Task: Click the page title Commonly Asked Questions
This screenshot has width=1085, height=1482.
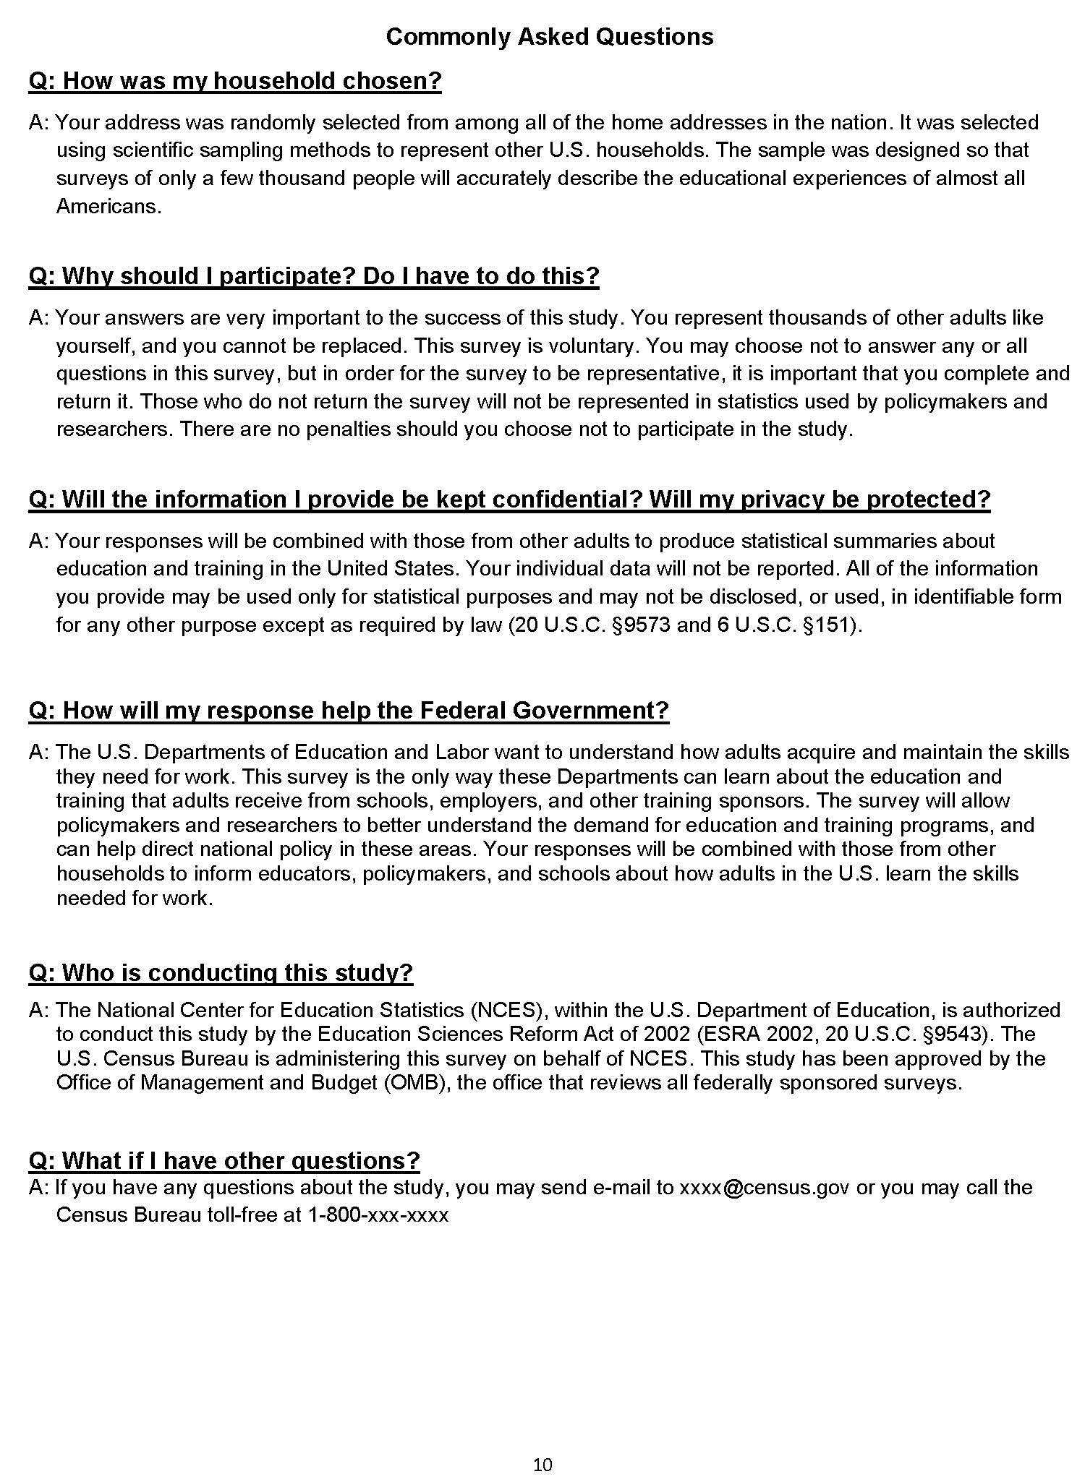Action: [x=549, y=37]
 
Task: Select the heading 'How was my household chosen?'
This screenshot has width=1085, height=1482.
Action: [x=235, y=81]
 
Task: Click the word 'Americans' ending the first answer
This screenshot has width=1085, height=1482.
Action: [x=107, y=207]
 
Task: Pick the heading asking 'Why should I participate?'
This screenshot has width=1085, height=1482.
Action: [x=314, y=276]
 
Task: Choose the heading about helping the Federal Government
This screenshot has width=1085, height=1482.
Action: [x=349, y=711]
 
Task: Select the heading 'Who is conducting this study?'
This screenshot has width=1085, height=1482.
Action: [x=221, y=973]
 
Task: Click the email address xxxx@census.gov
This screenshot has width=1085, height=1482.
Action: [x=764, y=1188]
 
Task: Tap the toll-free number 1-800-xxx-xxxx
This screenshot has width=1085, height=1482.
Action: [x=378, y=1215]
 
